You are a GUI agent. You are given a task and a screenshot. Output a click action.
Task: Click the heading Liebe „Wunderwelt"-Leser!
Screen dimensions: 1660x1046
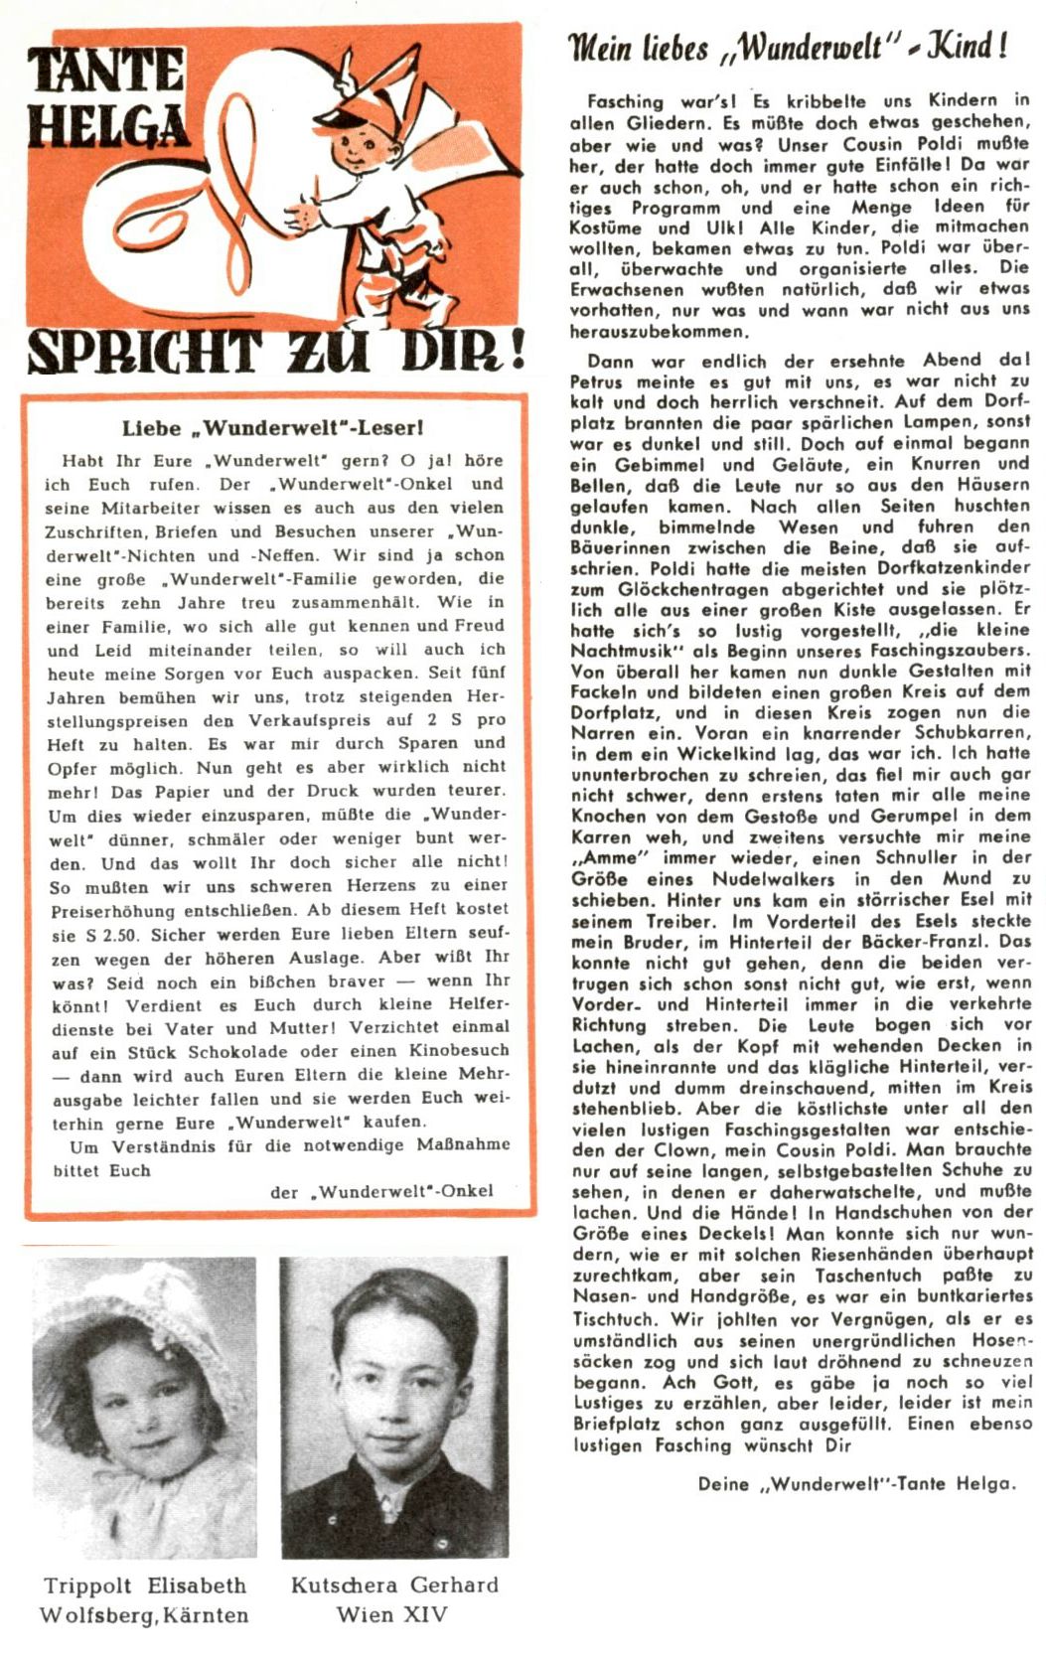pos(273,429)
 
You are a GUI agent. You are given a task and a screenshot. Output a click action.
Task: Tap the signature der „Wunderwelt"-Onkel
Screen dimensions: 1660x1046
pos(381,1191)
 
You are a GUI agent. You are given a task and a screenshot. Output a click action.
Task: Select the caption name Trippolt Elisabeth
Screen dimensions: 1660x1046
pos(145,1585)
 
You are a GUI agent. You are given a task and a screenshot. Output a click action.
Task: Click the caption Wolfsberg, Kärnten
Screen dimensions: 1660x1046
pos(144,1615)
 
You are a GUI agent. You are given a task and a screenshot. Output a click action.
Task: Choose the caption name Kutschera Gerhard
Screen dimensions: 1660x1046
pos(394,1585)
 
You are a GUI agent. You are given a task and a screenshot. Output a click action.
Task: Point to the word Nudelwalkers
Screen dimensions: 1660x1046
pos(774,878)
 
